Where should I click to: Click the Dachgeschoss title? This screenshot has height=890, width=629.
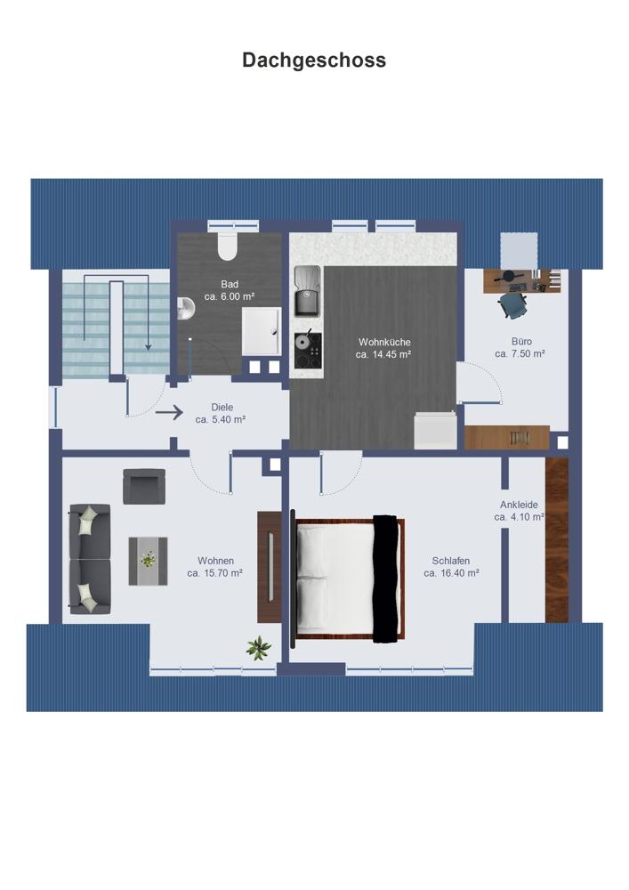point(314,61)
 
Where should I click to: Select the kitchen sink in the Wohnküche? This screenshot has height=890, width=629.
point(307,292)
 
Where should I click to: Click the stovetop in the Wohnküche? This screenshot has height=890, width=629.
point(308,351)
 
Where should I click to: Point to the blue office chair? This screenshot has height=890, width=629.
point(514,304)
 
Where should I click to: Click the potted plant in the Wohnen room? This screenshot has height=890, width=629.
point(259,648)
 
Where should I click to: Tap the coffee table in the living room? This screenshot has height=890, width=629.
point(148,561)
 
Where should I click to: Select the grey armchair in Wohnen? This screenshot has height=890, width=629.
point(145,487)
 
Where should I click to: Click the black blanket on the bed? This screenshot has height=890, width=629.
point(385,579)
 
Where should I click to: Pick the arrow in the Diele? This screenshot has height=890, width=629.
point(169,413)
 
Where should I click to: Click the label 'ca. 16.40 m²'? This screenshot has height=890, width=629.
point(451,573)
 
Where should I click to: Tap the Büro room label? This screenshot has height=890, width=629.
point(522,341)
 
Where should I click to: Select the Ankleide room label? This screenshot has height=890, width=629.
point(519,505)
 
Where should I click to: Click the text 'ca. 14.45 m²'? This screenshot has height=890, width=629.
point(383,354)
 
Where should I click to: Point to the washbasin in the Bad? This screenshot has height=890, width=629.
point(185,307)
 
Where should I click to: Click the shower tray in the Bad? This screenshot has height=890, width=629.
point(261,331)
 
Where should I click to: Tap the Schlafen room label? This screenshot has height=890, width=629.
point(451,561)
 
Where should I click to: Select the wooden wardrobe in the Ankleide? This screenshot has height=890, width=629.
point(556,539)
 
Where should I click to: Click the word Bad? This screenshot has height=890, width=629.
point(230,284)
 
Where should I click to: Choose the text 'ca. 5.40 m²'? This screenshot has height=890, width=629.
point(221,420)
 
